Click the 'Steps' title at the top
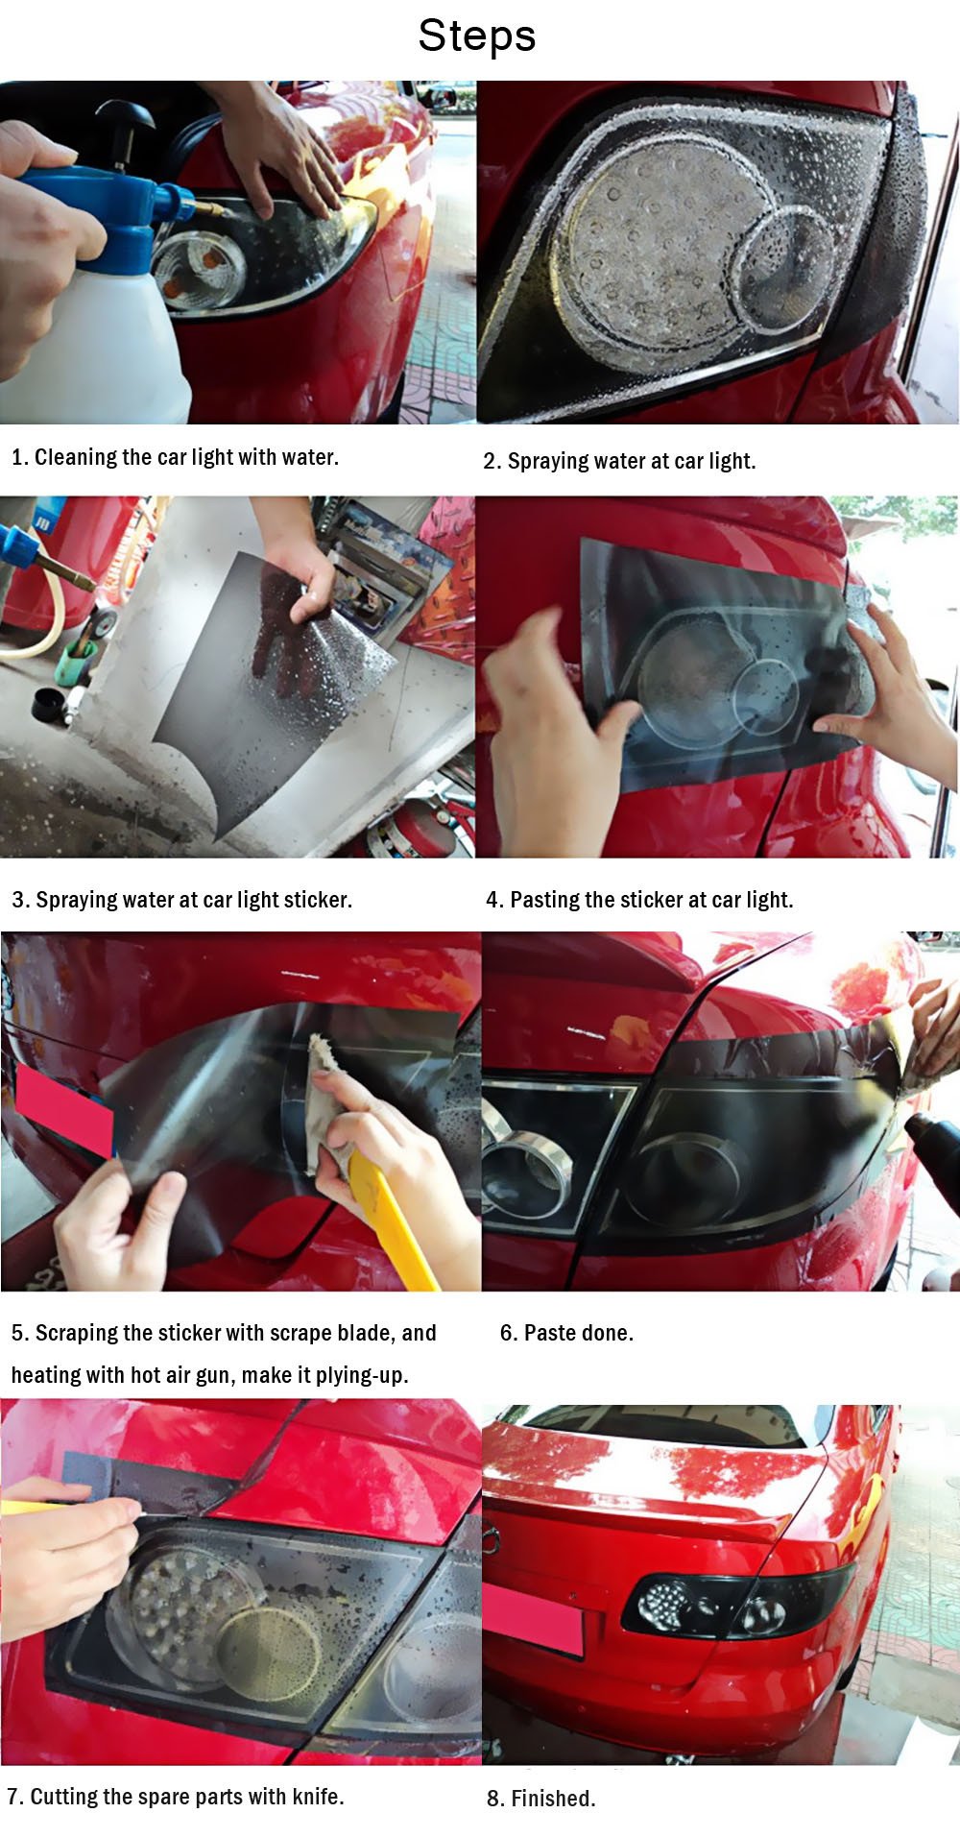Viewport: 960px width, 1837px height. [477, 36]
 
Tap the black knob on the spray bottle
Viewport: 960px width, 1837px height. [124, 119]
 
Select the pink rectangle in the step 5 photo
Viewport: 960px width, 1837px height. [63, 1110]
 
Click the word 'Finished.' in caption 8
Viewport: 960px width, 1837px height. [553, 1799]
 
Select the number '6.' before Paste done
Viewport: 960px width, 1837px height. [509, 1333]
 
